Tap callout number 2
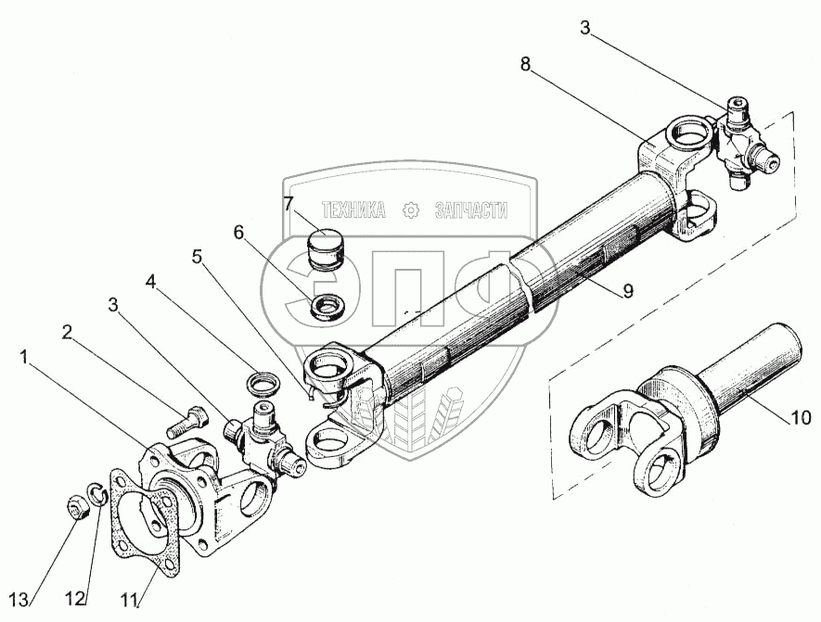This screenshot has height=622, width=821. click(69, 330)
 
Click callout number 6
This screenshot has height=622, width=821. click(238, 233)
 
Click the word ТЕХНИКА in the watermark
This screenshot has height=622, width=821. click(353, 210)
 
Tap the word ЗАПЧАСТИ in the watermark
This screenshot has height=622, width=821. click(471, 210)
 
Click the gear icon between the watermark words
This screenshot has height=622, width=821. click(410, 210)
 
